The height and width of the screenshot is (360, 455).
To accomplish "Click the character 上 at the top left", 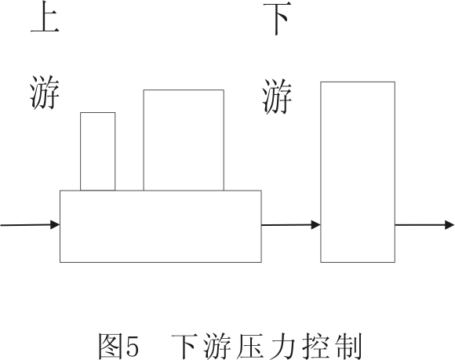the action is pos(45,16).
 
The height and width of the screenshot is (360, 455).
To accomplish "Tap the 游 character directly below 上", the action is pos(45,93).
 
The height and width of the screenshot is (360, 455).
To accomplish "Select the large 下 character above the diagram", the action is pos(277,19).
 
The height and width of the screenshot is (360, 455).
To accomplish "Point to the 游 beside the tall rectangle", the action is pos(277,96).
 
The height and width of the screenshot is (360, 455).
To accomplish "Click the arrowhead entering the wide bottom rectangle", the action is pos(55,224).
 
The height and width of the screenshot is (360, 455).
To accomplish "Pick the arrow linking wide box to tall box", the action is pos(291,224).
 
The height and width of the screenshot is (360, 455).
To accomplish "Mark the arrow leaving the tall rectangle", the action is pos(424,225).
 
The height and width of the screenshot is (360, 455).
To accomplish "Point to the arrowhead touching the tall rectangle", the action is pos(315,224).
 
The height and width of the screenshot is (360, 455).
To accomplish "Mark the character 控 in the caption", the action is pos(315,346).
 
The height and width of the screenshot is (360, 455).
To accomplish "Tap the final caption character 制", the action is pos(348,346).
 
